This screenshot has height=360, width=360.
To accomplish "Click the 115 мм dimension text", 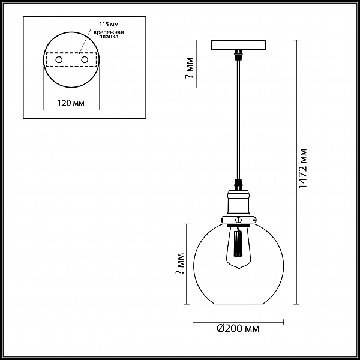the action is pos(109,25).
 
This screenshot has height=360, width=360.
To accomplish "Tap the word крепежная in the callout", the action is pos(109,32).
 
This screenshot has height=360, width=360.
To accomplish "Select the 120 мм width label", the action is pos(71,103).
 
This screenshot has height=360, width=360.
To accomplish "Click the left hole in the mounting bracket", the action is pos(59,60).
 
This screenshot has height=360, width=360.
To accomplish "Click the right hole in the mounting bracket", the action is pos(85,60).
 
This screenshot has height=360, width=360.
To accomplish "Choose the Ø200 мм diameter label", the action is pos(238,329).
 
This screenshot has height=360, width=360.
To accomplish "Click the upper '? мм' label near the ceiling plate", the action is pos(190,68).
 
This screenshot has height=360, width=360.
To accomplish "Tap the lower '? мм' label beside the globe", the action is pos(180,264).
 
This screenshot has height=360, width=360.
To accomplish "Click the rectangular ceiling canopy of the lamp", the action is pos(238,45).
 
